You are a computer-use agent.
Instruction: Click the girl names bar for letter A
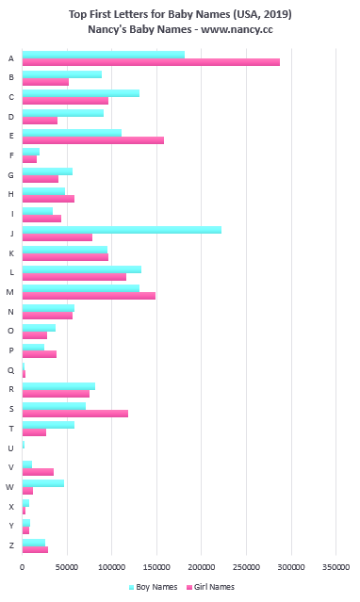(151, 62)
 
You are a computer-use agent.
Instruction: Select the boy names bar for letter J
(122, 229)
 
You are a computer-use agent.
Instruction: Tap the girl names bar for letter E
(92, 140)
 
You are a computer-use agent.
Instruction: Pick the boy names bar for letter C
(80, 93)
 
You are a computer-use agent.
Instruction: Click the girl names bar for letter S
(74, 413)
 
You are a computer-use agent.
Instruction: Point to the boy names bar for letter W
(42, 482)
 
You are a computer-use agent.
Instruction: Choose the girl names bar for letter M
(89, 296)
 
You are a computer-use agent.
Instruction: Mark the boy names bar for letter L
(81, 269)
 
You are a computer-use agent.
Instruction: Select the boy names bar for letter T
(48, 425)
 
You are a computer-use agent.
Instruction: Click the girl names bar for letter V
(38, 471)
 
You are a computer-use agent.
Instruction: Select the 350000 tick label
(336, 567)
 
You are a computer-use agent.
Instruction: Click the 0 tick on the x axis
(23, 567)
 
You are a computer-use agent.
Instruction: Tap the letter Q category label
(10, 370)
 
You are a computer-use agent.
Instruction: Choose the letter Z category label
(10, 545)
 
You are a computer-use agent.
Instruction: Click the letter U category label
(10, 447)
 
